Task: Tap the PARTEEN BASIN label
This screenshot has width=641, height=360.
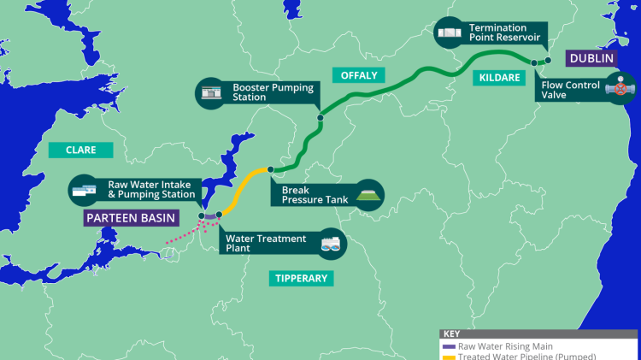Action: click(x=131, y=217)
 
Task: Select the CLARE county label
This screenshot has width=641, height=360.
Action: click(x=80, y=150)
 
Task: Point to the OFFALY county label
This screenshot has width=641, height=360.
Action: click(x=359, y=75)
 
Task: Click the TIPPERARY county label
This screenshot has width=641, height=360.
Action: click(x=301, y=278)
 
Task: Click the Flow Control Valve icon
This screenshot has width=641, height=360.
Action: click(x=616, y=87)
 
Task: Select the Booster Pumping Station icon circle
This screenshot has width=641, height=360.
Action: click(x=210, y=91)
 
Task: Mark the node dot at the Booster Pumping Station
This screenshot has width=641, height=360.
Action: click(x=320, y=118)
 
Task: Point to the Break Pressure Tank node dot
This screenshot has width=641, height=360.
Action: click(x=270, y=169)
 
